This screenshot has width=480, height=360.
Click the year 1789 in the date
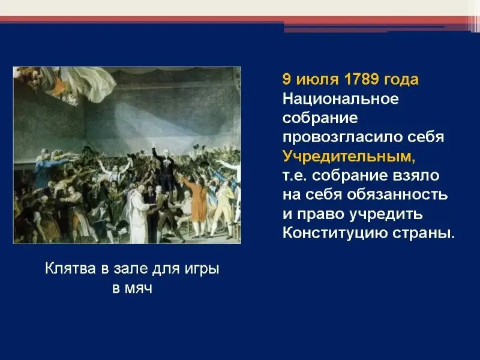click(x=361, y=79)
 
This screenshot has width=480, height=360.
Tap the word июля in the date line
click(x=317, y=80)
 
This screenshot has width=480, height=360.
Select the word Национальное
click(x=341, y=99)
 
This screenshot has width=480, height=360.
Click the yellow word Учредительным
click(x=349, y=157)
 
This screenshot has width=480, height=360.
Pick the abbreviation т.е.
click(x=295, y=176)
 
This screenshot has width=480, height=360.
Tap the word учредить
click(x=386, y=214)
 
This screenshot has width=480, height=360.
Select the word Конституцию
click(x=335, y=233)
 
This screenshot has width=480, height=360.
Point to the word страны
click(x=424, y=234)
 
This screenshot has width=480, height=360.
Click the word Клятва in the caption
click(x=70, y=268)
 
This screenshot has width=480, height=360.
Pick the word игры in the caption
click(x=202, y=269)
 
